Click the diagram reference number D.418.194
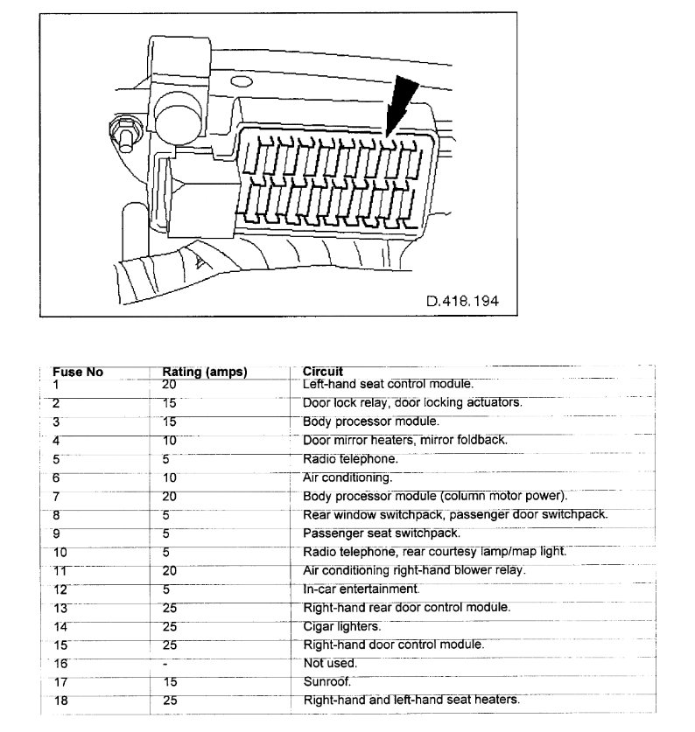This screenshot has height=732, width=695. pyautogui.click(x=462, y=301)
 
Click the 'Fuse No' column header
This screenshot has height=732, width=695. pyautogui.click(x=78, y=372)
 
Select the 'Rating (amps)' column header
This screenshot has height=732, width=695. pyautogui.click(x=205, y=372)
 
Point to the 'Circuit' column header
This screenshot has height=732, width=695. pyautogui.click(x=322, y=372)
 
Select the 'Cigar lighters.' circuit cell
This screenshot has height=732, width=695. pyautogui.click(x=342, y=626)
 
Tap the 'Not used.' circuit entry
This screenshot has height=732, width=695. pyautogui.click(x=329, y=663)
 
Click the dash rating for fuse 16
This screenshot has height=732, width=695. pyautogui.click(x=166, y=664)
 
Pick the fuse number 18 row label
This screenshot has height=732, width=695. pyautogui.click(x=60, y=701)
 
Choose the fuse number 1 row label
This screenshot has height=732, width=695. pyautogui.click(x=56, y=384)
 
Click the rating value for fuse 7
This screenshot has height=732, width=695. pyautogui.click(x=170, y=496)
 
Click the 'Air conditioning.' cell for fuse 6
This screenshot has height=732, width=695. pyautogui.click(x=347, y=478)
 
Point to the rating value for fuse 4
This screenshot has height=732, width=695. pyautogui.click(x=170, y=440)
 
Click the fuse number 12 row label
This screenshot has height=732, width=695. pyautogui.click(x=60, y=589)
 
